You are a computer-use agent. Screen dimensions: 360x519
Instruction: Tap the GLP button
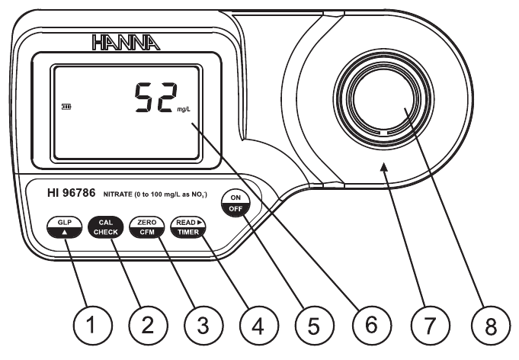point(62,227)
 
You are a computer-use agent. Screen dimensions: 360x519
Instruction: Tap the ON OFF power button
point(233,204)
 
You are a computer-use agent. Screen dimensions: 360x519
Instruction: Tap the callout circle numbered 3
point(202,326)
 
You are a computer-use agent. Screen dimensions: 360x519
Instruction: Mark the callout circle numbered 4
point(257,326)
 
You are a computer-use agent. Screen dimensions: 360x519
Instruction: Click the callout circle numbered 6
point(370,326)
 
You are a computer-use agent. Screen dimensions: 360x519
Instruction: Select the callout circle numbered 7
point(428,326)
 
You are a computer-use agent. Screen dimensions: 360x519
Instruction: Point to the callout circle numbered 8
point(482,326)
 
